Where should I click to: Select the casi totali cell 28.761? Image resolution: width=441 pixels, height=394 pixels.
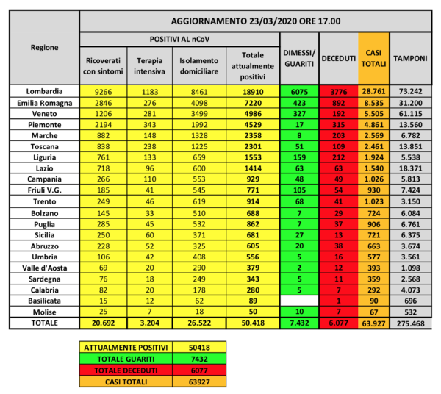click(373, 91)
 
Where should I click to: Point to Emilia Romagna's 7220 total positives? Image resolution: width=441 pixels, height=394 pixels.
click(251, 103)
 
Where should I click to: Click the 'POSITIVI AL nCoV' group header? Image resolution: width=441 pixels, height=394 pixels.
click(179, 38)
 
